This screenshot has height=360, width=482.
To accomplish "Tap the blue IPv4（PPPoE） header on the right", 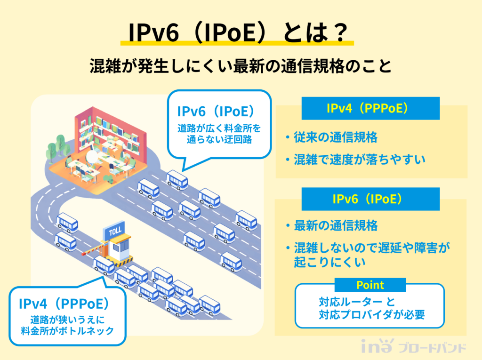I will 370,108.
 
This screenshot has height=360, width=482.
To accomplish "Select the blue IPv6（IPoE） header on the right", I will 370,199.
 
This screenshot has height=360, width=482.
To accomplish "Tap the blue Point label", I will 370,285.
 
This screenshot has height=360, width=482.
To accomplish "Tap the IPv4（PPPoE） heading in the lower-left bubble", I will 67,303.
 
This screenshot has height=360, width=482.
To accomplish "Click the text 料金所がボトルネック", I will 68,331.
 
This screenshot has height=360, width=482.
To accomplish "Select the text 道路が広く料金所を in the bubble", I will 218,128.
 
